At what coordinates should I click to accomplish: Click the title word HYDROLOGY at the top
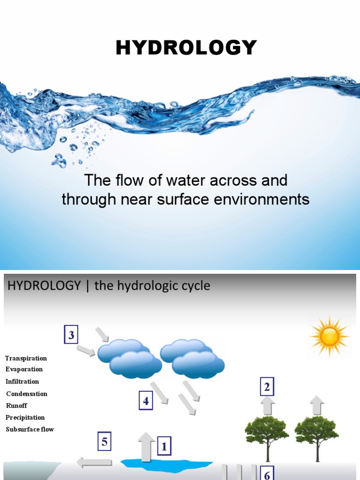tap(187, 48)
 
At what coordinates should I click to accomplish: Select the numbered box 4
tap(146, 401)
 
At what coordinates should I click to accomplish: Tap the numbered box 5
tap(105, 442)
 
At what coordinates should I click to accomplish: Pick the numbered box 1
tap(164, 447)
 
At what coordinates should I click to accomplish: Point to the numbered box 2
tap(267, 388)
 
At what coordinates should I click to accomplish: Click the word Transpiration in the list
tap(26, 358)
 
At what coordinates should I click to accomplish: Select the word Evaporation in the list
tap(24, 369)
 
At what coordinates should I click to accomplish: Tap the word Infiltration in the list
tap(22, 382)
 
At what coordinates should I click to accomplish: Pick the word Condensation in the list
tap(27, 394)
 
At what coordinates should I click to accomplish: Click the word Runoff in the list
tap(17, 405)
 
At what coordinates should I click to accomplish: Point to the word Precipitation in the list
tap(25, 417)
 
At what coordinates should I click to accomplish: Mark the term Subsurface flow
tap(30, 429)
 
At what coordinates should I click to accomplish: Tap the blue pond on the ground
tap(166, 464)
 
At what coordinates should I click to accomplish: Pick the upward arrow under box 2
tap(268, 406)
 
